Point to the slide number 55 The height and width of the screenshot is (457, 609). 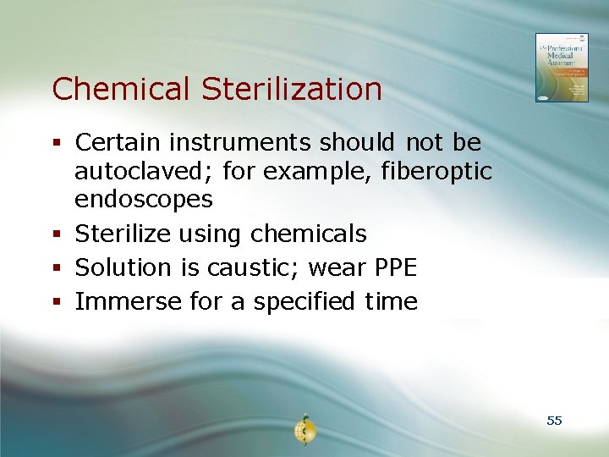click(554, 421)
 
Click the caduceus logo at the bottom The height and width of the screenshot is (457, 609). click(304, 430)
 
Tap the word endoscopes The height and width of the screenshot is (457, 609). click(144, 200)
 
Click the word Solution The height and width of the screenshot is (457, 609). click(123, 267)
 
